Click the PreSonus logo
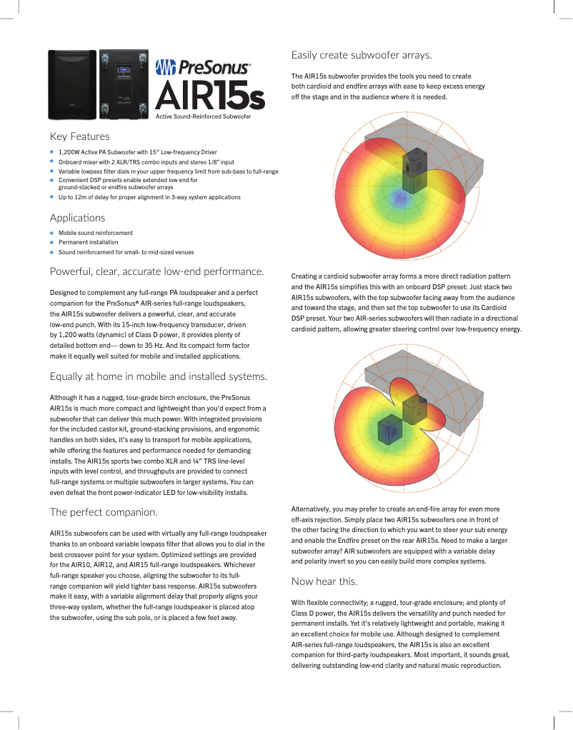click(x=203, y=68)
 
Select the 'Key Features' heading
click(x=79, y=136)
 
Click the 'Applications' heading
click(x=77, y=217)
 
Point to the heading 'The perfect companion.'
click(x=104, y=511)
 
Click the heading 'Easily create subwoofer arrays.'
click(x=362, y=55)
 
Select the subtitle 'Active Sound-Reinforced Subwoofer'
click(x=203, y=115)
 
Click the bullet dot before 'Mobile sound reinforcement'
click(x=52, y=233)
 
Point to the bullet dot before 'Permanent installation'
click(x=52, y=242)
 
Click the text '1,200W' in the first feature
click(x=70, y=152)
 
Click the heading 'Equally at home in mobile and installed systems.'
click(x=159, y=376)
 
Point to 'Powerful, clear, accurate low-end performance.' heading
click(x=157, y=271)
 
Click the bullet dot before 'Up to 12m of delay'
click(x=52, y=196)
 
